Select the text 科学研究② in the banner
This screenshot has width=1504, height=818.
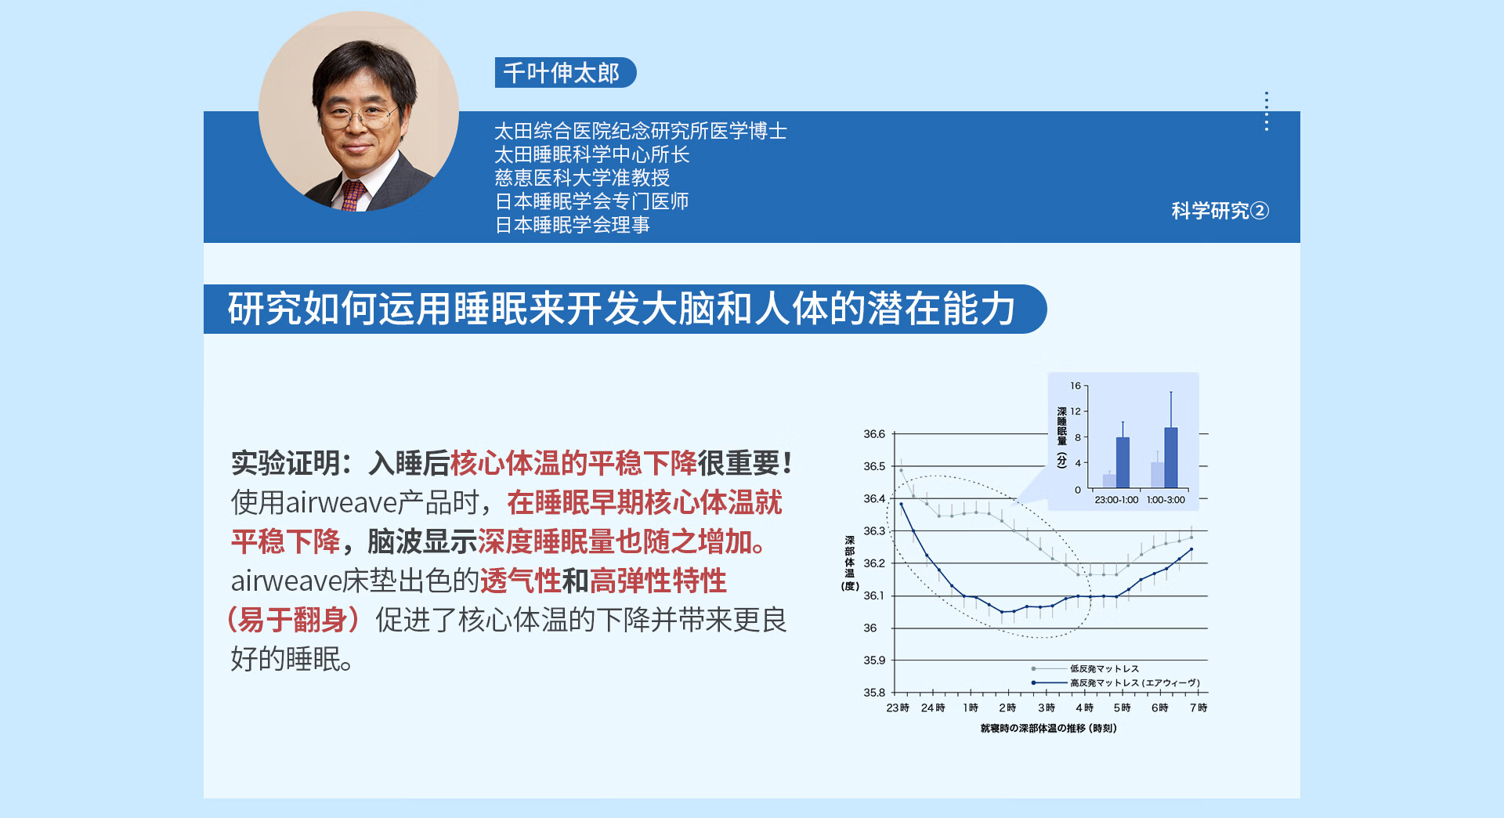(x=1220, y=211)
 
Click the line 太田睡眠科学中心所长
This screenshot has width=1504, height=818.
(x=591, y=154)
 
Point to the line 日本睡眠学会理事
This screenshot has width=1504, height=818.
(x=572, y=225)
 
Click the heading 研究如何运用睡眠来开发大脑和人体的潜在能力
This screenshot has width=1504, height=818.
(x=622, y=309)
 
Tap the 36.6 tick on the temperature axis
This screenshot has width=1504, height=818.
(x=874, y=434)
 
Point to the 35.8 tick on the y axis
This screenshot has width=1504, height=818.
(x=874, y=693)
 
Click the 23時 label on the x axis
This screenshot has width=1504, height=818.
(x=898, y=708)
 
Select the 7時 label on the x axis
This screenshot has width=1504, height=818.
(x=1198, y=708)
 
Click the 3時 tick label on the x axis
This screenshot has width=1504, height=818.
(x=1047, y=708)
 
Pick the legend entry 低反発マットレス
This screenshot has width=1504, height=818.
(x=1104, y=669)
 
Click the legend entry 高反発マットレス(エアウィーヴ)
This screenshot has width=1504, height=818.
(x=1135, y=683)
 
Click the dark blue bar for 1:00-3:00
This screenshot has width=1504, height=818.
(x=1171, y=458)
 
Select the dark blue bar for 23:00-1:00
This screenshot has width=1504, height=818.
(x=1123, y=462)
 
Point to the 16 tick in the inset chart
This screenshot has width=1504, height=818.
(x=1076, y=386)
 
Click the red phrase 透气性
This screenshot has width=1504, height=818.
(x=521, y=581)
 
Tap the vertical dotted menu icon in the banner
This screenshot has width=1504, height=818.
(x=1267, y=111)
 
